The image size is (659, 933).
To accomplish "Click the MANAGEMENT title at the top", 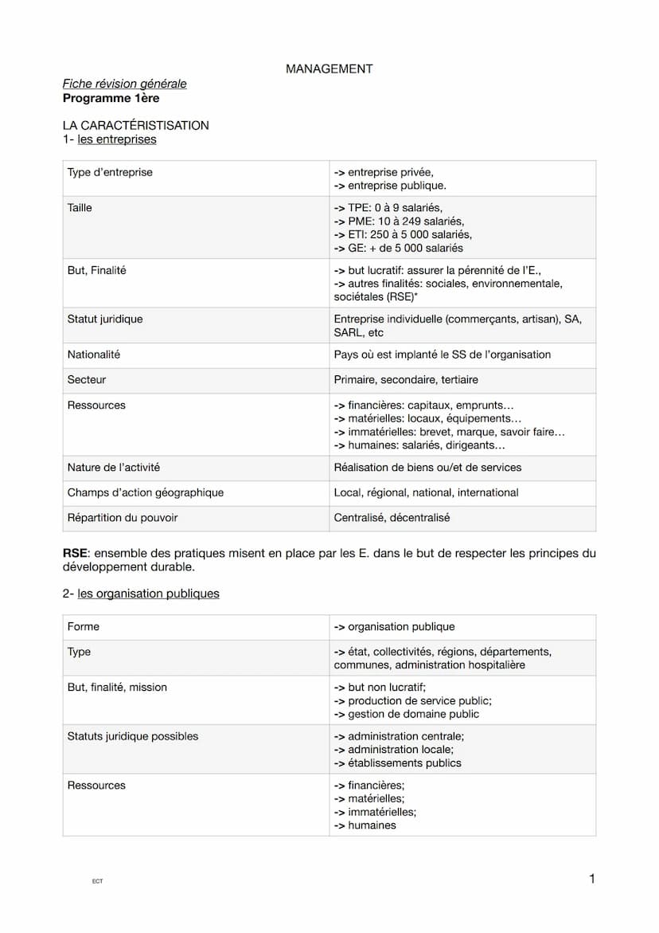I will [329, 69].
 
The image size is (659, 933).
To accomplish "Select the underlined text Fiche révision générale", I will [124, 84].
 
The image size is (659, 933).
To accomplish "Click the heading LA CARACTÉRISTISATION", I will [135, 125].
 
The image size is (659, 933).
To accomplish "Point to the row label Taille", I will [80, 208].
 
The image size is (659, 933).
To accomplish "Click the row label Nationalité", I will [94, 355].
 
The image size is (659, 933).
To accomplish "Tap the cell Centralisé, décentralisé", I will [392, 518].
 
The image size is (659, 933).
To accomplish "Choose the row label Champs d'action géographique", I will [146, 492].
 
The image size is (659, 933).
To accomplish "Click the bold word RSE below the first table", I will [75, 554].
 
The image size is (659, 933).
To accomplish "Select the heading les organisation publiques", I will [148, 594].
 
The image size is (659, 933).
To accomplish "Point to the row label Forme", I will [84, 627].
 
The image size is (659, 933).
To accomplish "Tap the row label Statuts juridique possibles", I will [133, 736].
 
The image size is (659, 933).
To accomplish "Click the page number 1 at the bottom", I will [591, 879].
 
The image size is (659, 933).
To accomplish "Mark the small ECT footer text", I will [97, 881].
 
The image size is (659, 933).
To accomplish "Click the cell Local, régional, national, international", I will [426, 492].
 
